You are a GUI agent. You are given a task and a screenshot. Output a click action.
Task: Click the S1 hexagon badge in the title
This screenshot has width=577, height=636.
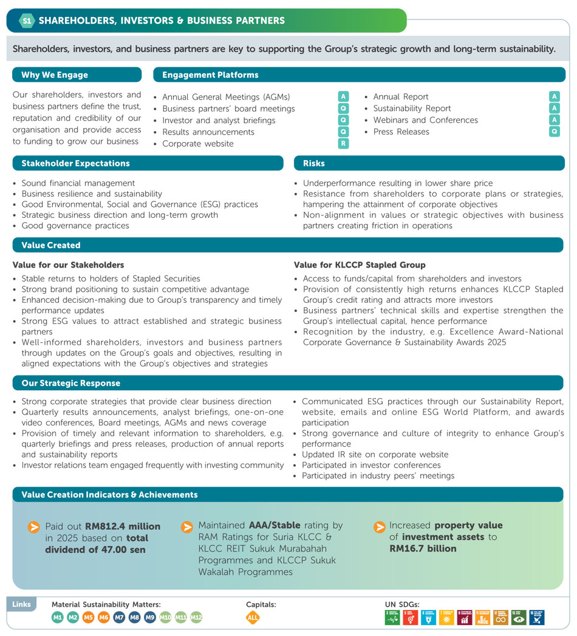click(26, 21)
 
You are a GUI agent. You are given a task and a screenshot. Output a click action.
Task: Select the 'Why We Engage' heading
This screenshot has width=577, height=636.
click(55, 75)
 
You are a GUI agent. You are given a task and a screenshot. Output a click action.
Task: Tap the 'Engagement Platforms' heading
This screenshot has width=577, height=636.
click(210, 75)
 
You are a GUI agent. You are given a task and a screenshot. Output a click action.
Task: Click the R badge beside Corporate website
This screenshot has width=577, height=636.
click(344, 144)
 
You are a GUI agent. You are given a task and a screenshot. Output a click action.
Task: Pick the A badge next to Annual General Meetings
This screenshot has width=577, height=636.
click(344, 96)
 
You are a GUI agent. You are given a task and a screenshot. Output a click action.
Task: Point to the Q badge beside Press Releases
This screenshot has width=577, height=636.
click(554, 132)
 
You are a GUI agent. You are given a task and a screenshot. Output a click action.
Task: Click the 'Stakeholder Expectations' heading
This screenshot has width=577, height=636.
click(75, 163)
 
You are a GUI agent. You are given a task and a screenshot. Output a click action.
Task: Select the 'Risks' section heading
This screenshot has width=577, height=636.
click(313, 163)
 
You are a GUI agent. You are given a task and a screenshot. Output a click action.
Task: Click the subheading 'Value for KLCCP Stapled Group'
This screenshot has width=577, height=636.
click(360, 265)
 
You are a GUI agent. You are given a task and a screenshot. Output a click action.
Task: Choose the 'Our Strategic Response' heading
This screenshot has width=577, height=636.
click(70, 383)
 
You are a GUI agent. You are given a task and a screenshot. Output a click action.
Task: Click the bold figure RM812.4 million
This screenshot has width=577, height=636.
click(123, 526)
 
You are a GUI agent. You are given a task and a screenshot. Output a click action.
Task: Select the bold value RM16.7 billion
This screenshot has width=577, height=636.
click(423, 548)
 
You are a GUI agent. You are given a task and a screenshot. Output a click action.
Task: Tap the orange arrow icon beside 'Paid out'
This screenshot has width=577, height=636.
click(34, 527)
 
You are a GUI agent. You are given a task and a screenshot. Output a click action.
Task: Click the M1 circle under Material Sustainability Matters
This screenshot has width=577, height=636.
click(58, 618)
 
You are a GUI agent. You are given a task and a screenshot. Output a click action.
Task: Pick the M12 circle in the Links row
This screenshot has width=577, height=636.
click(196, 618)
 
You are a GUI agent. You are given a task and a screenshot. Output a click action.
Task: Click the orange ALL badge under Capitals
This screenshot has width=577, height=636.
click(253, 618)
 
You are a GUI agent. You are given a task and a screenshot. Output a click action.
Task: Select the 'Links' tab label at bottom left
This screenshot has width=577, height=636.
click(21, 604)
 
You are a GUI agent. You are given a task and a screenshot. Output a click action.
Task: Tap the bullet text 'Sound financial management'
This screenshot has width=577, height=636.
click(78, 183)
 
